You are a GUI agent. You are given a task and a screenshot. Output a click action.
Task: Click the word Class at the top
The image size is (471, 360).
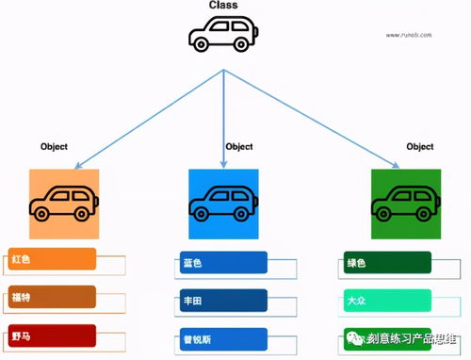tap(223, 6)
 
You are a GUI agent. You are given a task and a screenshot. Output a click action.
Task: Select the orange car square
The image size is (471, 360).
tap(64, 204)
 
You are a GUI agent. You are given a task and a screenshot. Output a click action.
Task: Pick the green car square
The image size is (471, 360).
tap(405, 204)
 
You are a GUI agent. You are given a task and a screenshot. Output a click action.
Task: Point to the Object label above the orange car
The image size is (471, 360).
tap(55, 147)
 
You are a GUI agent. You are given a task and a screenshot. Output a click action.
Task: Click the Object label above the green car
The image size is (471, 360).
tap(419, 147)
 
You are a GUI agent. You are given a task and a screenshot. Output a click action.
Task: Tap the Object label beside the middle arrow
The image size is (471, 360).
tap(239, 147)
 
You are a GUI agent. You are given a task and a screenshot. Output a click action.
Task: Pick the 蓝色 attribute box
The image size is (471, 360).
tap(224, 263)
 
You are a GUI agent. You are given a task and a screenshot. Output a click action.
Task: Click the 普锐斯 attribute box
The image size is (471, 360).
tap(224, 339)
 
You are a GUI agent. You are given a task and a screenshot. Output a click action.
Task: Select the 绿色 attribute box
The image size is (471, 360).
tap(385, 263)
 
